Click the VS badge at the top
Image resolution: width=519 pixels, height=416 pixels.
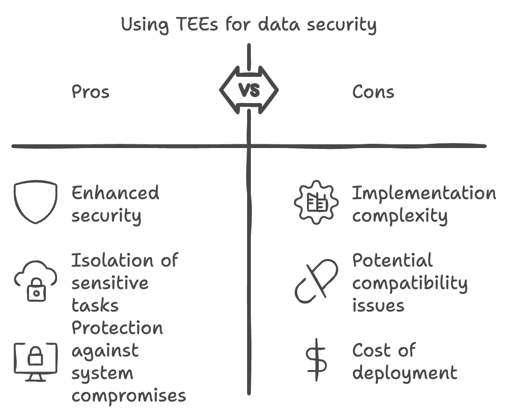tap(249, 89)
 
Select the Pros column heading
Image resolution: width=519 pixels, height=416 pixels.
tap(90, 92)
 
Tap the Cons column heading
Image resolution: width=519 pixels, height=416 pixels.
tap(373, 92)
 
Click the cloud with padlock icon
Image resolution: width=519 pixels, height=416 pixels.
tap(36, 280)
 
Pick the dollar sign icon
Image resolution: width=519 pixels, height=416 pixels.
tap(316, 360)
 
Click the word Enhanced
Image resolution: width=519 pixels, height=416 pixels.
tap(115, 193)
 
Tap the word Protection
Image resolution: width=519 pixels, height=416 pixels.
tap(117, 328)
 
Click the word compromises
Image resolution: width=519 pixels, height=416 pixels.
tap(129, 396)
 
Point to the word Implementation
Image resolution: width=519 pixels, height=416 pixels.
tap(424, 193)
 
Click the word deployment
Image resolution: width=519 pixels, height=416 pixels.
tap(405, 373)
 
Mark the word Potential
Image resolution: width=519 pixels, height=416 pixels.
tap(392, 260)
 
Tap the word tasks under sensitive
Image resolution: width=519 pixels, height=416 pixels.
tap(95, 305)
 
